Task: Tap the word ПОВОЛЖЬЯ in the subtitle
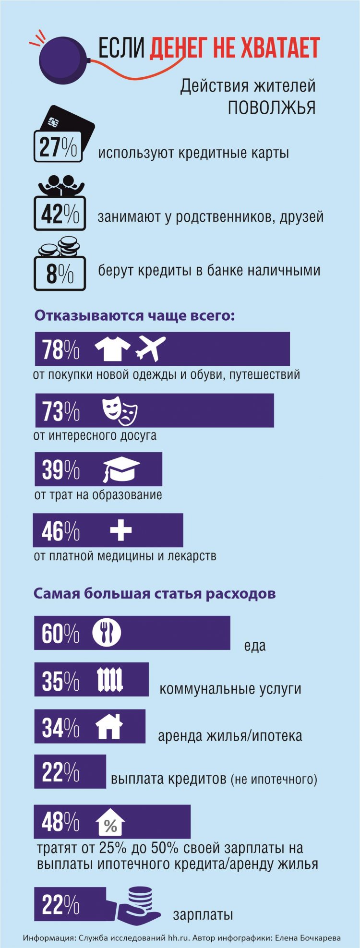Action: (271, 108)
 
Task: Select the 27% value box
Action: (58, 147)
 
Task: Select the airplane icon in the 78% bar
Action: (151, 348)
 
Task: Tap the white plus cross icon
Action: (120, 530)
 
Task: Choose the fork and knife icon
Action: (107, 633)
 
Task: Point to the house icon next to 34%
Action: (109, 726)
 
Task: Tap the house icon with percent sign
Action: (110, 823)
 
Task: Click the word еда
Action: (255, 646)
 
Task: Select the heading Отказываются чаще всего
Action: (135, 316)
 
